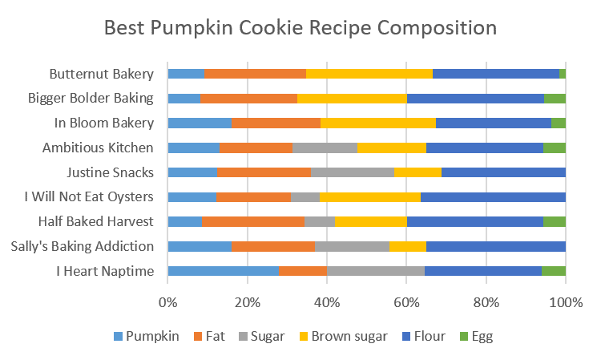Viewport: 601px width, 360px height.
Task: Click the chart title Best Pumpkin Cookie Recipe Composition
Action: [300, 29]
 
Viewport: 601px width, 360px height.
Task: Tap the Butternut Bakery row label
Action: [101, 74]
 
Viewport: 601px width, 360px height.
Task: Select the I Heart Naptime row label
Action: [103, 271]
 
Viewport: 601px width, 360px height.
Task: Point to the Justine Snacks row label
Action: [111, 172]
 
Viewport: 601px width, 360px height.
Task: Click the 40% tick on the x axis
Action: [327, 302]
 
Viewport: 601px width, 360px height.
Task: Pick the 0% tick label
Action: [167, 302]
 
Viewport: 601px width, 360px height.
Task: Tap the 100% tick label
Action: [566, 302]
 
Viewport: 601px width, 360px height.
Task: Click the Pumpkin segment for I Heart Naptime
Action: [223, 271]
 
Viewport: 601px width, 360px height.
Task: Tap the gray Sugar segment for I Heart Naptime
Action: [375, 271]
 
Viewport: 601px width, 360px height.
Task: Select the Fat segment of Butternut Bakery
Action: [255, 74]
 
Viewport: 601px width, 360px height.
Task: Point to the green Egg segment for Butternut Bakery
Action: [563, 74]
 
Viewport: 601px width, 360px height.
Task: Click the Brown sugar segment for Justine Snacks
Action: [417, 172]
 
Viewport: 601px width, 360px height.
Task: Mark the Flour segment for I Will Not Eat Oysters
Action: [493, 197]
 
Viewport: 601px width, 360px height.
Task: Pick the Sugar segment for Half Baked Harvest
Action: [319, 221]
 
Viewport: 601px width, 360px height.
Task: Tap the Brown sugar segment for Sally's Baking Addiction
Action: [407, 246]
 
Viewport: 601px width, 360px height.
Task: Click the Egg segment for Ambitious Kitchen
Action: [554, 148]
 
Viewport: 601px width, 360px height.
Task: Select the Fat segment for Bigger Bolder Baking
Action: [248, 99]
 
